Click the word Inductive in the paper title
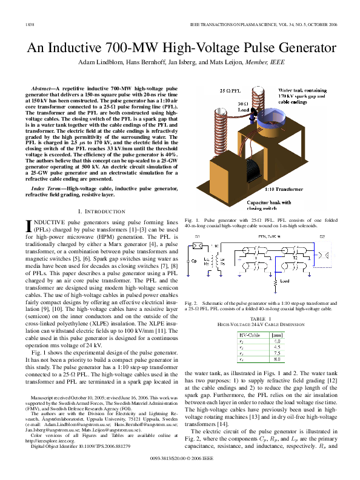[79, 48]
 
